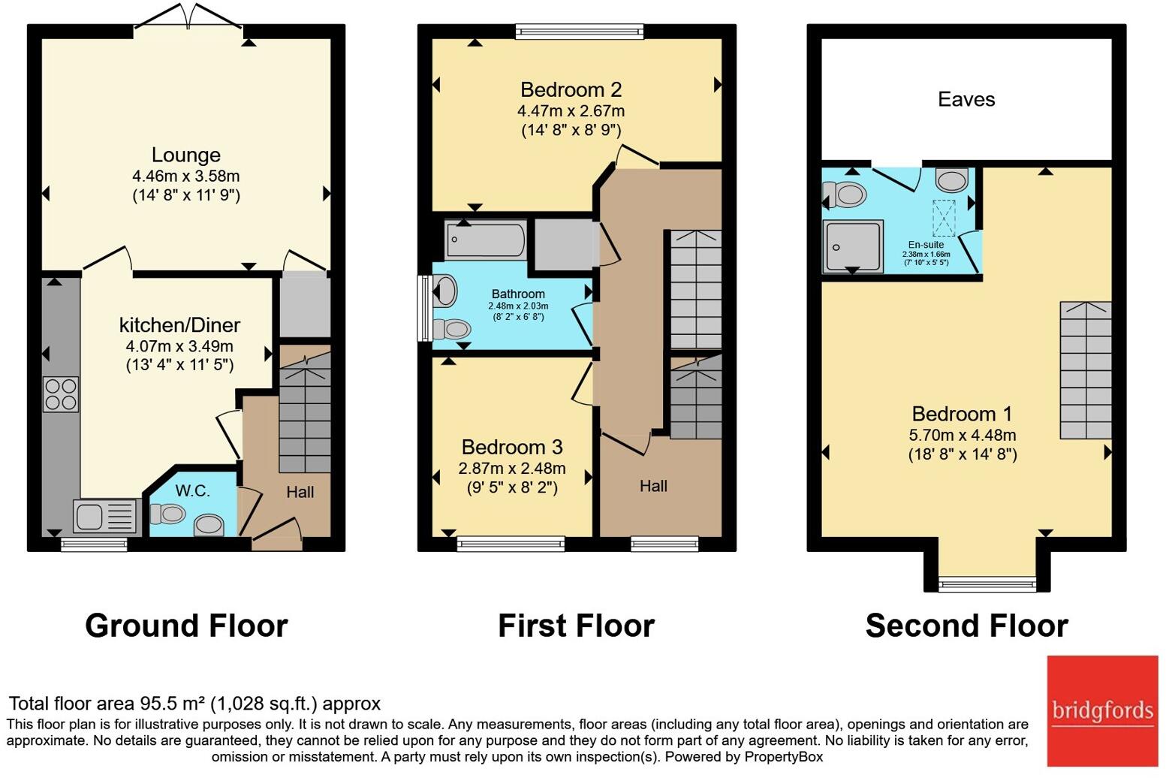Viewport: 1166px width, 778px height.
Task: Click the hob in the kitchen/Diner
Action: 61,394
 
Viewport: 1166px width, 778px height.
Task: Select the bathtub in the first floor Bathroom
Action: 485,240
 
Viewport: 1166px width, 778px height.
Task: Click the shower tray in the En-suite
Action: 853,246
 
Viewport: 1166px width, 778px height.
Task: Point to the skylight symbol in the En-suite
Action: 945,218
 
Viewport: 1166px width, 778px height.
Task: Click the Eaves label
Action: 966,99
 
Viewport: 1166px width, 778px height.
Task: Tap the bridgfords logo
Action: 1102,711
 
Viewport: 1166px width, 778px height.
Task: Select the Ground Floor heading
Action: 186,626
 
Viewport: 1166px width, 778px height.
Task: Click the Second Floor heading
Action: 966,626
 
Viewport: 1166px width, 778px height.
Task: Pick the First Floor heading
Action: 576,626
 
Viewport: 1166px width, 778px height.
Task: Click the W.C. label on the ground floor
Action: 193,490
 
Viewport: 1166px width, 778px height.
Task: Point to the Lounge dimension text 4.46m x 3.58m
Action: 186,176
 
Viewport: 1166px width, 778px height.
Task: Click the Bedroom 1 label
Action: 962,414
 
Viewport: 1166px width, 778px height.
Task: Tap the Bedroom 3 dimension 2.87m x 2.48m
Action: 512,468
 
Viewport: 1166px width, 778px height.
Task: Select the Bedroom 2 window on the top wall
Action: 580,32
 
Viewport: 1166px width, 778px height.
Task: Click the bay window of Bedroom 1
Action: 987,584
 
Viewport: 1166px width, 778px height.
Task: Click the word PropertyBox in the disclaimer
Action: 783,757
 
